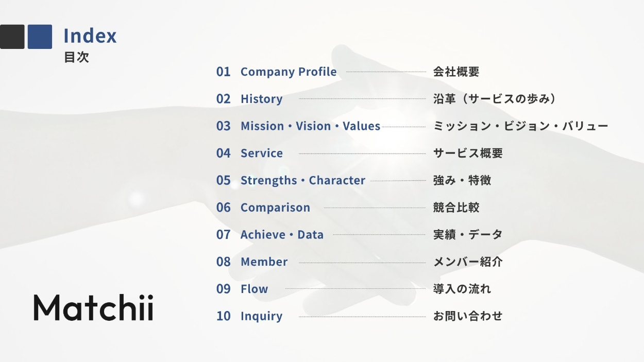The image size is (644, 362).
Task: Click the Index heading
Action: tap(90, 36)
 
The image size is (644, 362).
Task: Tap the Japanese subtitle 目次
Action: tap(76, 57)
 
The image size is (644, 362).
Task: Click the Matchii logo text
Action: tap(93, 307)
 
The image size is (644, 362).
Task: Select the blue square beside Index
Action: tap(40, 37)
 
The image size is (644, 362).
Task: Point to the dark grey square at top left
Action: tap(12, 37)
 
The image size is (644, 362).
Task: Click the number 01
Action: tap(224, 72)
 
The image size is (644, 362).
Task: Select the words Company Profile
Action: tap(289, 72)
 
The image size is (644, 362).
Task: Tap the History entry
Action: tap(261, 99)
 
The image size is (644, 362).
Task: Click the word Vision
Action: tap(313, 126)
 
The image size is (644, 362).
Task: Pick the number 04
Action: tap(224, 153)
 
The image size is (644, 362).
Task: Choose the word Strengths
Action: tap(268, 180)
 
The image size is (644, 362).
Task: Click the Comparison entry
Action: tap(276, 208)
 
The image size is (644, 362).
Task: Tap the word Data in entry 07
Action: tap(310, 235)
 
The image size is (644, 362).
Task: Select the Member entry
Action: tap(264, 262)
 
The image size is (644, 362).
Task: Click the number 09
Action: tap(224, 289)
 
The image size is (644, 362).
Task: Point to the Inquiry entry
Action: tap(261, 316)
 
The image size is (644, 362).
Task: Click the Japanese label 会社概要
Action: tap(456, 72)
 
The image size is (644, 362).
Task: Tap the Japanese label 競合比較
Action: tap(456, 208)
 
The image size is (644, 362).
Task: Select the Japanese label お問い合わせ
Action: tap(468, 316)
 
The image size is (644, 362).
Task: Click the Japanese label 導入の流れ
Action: tap(462, 289)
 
